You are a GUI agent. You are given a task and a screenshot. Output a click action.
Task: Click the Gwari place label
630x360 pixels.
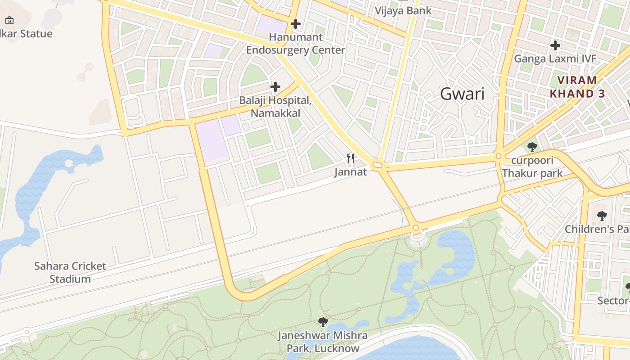pos(462,94)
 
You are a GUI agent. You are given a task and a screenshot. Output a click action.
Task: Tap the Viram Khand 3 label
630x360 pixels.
pos(577,87)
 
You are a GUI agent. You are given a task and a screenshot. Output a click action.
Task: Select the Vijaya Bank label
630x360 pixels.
pos(403,10)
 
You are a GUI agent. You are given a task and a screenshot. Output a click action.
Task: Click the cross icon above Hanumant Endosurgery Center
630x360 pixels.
pos(296,23)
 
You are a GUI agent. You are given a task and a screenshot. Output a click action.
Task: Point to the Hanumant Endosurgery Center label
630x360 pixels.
pos(296,44)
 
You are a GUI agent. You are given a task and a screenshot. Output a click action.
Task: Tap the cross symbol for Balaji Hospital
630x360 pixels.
pos(275,86)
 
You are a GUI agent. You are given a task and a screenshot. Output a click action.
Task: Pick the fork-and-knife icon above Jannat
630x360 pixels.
pos(351,158)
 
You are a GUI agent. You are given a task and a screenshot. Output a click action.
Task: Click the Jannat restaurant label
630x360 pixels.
pos(351,171)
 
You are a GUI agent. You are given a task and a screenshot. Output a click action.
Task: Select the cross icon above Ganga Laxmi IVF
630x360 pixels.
pos(555,45)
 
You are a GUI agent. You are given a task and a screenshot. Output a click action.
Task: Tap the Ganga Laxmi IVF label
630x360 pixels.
pos(555,58)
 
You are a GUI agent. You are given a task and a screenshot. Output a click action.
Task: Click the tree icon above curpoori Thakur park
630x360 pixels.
pos(532,147)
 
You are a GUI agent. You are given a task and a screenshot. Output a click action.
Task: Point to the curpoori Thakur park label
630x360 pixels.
pos(532,166)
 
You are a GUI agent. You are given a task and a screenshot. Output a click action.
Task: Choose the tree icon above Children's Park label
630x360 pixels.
pos(602,216)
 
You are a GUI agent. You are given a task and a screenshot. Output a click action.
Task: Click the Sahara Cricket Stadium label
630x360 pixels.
pos(70,272)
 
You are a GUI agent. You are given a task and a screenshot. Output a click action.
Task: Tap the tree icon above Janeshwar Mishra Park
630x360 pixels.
pos(323,322)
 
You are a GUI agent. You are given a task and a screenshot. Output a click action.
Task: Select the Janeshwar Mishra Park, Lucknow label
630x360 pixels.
pos(323,342)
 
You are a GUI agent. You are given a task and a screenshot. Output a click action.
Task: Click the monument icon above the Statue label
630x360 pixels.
pos(9,20)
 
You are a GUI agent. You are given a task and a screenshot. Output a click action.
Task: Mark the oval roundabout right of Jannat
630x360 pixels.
pos(378,165)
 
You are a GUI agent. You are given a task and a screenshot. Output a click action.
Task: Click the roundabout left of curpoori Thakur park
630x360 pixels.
pos(498,157)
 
